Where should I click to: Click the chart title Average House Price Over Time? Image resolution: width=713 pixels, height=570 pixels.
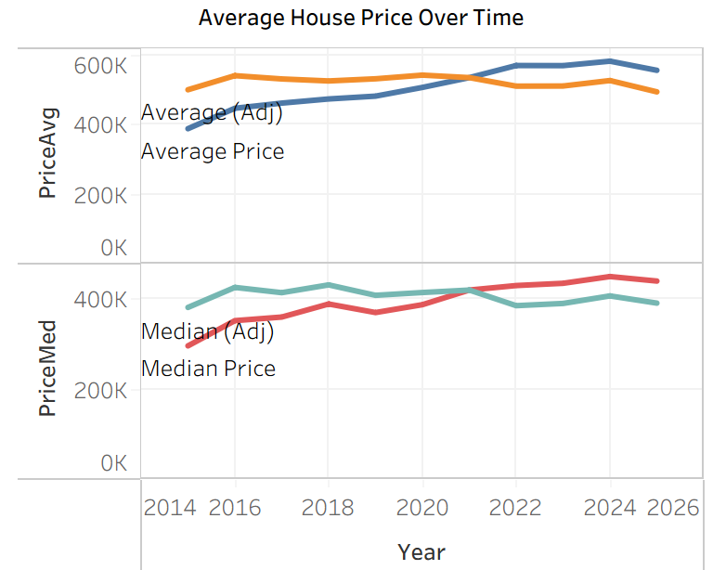point(360,18)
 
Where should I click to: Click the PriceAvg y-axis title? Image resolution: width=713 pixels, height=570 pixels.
point(48,153)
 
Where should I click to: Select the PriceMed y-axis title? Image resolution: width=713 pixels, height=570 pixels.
point(48,368)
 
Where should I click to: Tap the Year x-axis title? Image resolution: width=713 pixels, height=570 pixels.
point(421,551)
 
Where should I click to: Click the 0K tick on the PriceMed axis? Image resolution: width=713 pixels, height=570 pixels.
point(112,462)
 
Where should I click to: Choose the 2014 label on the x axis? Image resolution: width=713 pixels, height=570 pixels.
point(170,507)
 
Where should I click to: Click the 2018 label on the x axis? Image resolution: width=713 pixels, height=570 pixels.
point(328,507)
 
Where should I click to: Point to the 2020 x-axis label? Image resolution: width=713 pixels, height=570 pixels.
point(422,507)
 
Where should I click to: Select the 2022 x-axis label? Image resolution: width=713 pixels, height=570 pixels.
point(516,507)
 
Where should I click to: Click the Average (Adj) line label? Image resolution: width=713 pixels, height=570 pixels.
point(212,112)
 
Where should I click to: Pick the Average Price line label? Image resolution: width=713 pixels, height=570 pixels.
point(213,150)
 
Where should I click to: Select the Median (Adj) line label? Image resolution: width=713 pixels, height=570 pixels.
point(208,330)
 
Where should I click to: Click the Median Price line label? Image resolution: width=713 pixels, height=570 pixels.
point(208,369)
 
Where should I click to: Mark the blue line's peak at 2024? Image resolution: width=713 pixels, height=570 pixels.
point(610,61)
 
